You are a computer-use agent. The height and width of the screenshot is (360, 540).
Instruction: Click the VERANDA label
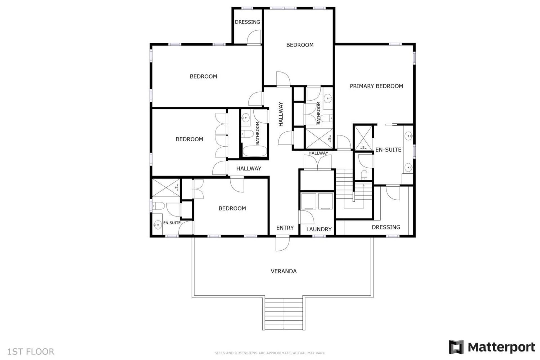click(x=283, y=271)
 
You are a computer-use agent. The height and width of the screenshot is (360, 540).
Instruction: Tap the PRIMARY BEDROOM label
click(x=376, y=86)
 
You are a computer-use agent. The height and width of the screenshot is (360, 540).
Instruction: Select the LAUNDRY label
click(x=319, y=229)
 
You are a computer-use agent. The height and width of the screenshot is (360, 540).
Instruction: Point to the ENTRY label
click(x=285, y=228)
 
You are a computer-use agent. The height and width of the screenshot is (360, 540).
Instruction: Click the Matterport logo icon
click(x=456, y=347)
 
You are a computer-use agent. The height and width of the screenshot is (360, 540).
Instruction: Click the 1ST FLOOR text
click(x=31, y=352)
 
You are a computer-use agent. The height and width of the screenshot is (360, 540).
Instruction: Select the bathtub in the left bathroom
click(x=255, y=151)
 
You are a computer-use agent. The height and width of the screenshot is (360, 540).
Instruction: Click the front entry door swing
click(x=282, y=244)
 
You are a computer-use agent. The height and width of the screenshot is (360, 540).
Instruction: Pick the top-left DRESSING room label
click(x=247, y=22)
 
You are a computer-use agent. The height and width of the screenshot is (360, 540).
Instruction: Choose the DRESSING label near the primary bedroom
click(x=386, y=227)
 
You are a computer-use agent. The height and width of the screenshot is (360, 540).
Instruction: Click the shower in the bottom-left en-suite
click(x=166, y=188)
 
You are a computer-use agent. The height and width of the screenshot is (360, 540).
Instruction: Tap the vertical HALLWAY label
click(x=281, y=114)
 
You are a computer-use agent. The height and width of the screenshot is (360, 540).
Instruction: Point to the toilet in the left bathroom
click(x=247, y=134)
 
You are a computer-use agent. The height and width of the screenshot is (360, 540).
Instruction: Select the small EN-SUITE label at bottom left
click(x=172, y=223)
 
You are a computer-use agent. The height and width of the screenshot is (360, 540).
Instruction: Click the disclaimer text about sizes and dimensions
click(x=270, y=353)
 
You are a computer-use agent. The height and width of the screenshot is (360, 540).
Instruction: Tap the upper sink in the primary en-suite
click(x=408, y=136)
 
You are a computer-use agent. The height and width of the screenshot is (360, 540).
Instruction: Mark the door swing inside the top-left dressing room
click(x=254, y=37)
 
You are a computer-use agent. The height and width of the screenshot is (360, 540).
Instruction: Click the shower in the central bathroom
click(x=319, y=138)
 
